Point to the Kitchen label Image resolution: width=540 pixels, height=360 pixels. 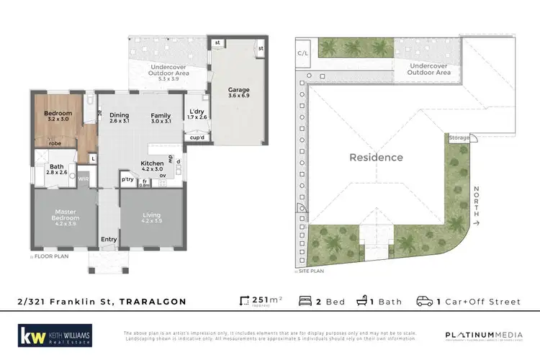(x=152, y=163)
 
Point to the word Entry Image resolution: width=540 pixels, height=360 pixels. (x=109, y=240)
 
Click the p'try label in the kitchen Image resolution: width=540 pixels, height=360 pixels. (x=127, y=179)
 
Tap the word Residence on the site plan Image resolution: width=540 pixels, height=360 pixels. (x=376, y=157)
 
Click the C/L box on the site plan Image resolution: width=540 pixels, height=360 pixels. (x=303, y=53)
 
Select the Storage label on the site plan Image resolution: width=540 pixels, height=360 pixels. (x=459, y=137)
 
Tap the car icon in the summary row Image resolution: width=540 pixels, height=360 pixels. (x=425, y=301)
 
